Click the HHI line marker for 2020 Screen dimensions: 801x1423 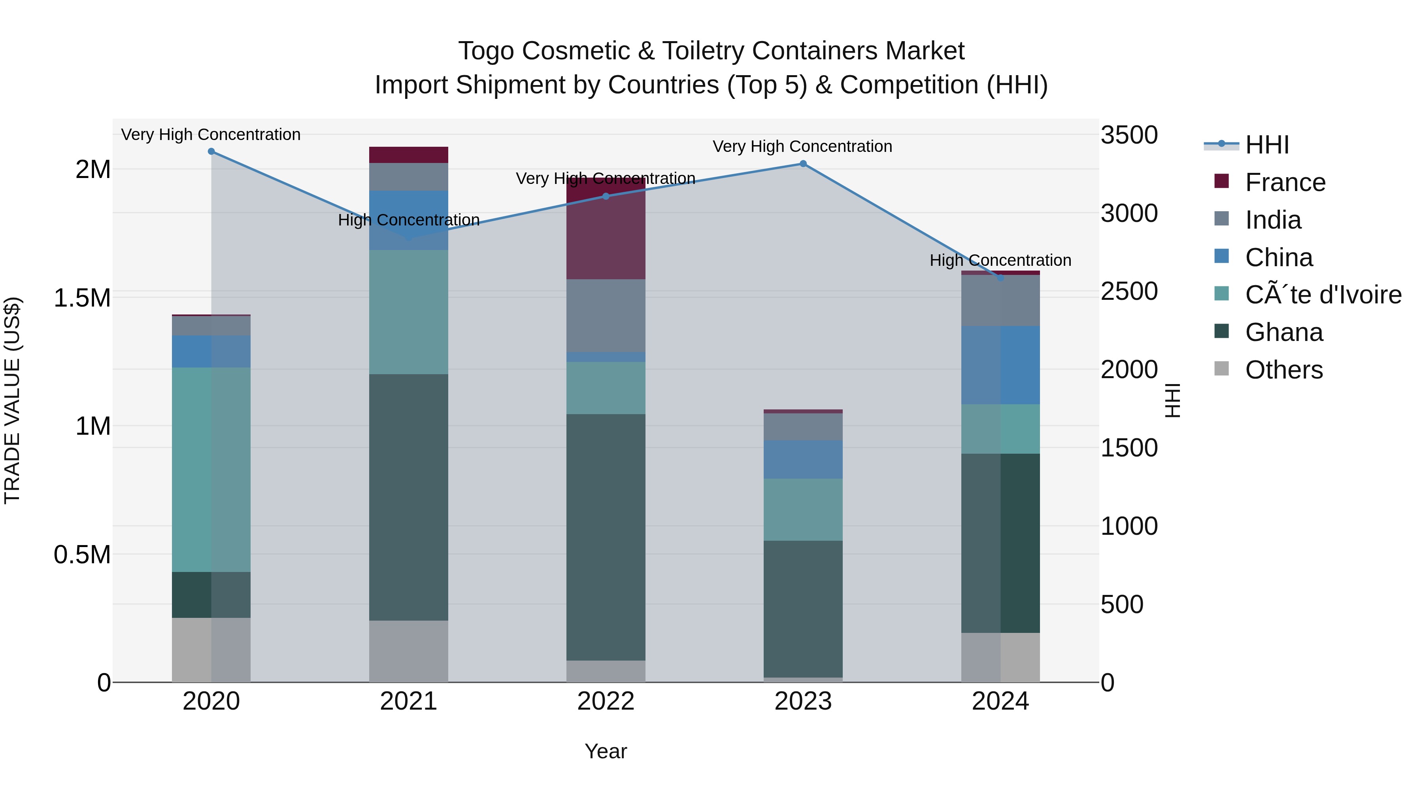point(211,151)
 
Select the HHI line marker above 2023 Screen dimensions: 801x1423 point(803,164)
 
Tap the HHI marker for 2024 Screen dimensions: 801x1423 point(1000,278)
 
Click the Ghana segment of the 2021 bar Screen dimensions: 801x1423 point(409,498)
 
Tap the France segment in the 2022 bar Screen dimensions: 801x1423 point(606,238)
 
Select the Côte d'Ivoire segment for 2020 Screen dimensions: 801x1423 point(211,470)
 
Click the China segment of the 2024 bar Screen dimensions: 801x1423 point(1000,365)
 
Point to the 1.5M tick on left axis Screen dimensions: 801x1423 point(82,298)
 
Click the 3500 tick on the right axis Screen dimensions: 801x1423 point(1129,135)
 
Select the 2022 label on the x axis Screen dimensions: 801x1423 point(606,701)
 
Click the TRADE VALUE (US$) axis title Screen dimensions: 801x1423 point(12,400)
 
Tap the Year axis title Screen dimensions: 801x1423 point(606,751)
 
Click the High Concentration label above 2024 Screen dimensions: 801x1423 point(1000,260)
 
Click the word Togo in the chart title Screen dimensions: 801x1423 point(488,51)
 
